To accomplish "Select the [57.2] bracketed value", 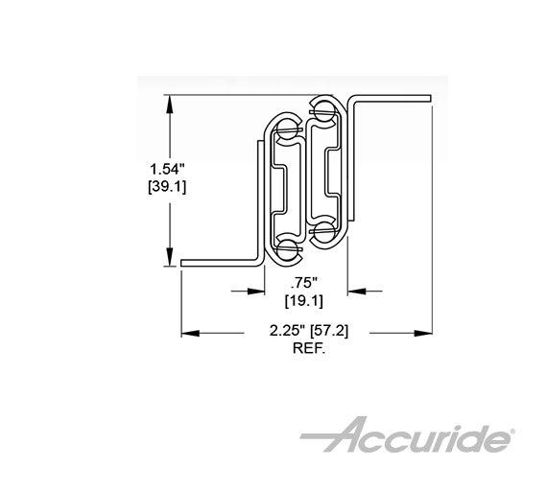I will tap(331, 333).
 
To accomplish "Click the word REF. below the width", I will tap(308, 350).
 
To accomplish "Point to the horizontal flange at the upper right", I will tap(393, 100).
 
